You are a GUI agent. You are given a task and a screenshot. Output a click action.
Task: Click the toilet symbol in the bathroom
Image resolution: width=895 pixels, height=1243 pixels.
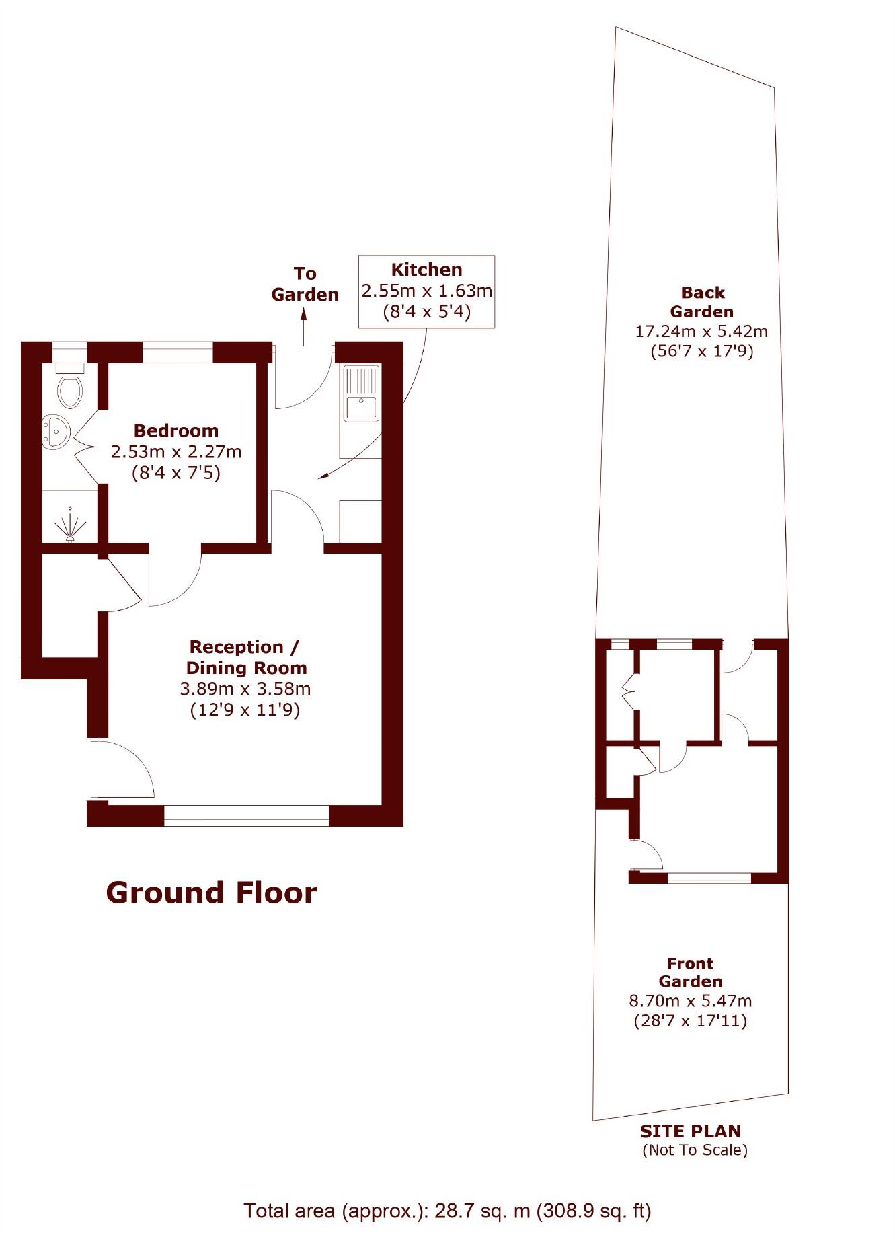click(x=70, y=387)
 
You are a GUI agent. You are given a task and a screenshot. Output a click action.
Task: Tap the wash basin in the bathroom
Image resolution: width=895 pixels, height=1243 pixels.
click(x=55, y=431)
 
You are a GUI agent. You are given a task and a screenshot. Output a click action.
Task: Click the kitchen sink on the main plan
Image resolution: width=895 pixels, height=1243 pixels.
click(x=362, y=408)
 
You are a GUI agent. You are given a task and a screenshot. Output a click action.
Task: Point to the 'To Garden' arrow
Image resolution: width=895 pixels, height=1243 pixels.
click(x=304, y=326)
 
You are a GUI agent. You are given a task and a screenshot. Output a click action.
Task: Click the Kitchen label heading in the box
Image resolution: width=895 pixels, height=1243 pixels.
click(x=426, y=270)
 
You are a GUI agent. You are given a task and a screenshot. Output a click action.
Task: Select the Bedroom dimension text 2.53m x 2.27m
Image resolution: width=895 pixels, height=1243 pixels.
click(x=176, y=451)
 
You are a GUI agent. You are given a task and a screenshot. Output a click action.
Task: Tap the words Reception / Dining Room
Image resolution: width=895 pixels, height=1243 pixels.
click(x=245, y=657)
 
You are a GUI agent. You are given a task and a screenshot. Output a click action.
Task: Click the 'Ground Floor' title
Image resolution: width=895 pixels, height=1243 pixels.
click(x=211, y=893)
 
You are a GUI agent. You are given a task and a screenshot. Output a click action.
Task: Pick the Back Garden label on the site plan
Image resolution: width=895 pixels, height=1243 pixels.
click(x=702, y=302)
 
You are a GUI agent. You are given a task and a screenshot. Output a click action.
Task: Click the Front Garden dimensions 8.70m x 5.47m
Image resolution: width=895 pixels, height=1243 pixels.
click(x=690, y=1001)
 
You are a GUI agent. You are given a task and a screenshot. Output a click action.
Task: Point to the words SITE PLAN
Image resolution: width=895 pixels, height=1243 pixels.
click(x=690, y=1131)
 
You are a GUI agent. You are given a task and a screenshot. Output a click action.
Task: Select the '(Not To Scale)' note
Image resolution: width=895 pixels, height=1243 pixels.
click(x=695, y=1150)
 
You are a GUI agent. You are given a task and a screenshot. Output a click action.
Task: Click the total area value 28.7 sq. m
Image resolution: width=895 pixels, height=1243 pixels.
click(x=482, y=1211)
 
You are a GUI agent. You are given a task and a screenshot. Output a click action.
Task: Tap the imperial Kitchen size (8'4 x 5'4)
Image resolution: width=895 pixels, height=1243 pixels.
click(x=426, y=312)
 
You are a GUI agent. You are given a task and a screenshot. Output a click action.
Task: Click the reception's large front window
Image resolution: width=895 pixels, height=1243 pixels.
click(x=246, y=815)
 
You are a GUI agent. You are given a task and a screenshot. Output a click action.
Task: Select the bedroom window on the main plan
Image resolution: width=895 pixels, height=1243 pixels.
click(x=178, y=352)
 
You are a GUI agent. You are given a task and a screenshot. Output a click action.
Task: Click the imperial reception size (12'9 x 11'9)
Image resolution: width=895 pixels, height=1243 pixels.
click(x=245, y=710)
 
